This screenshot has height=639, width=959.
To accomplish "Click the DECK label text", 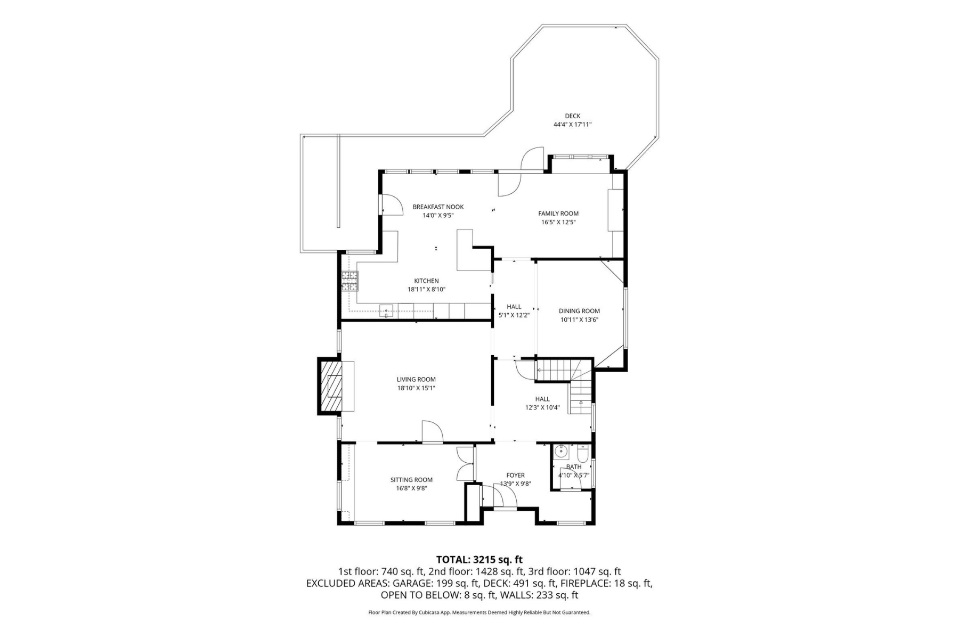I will [572, 116].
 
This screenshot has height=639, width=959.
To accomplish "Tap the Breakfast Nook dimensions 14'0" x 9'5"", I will [438, 216].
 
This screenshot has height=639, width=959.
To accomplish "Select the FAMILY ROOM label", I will [558, 214].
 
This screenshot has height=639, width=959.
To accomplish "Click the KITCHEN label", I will [426, 281].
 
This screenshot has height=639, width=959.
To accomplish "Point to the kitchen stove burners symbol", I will [350, 281].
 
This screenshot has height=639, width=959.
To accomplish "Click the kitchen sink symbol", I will [387, 310].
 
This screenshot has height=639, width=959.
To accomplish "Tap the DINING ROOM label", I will [579, 311].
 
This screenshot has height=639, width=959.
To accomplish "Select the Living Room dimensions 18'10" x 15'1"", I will [416, 388].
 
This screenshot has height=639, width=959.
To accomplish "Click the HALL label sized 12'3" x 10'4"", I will [542, 399].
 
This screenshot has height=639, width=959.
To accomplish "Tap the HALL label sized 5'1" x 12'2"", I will [514, 307].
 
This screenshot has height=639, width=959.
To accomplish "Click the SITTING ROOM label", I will [411, 480].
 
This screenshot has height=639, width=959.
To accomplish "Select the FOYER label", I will [515, 476].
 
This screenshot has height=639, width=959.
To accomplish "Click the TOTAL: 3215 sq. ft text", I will [479, 560].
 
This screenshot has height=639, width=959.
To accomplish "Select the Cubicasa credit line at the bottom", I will [479, 612].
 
